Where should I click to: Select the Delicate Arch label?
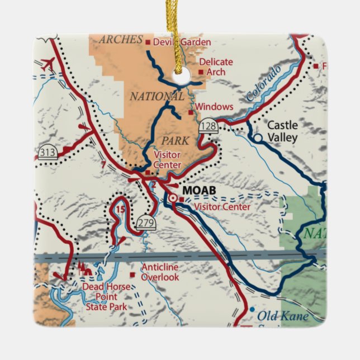coord(216,67)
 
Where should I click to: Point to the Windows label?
coord(215,107)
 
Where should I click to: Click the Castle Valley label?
coord(282,131)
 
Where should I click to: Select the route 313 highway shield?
coord(48,151)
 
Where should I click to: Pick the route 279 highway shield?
coord(146,222)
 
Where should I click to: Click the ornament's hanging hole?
coord(181,78)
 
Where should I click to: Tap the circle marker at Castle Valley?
coord(258,138)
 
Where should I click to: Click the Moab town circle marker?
coord(173,198)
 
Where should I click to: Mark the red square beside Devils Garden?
coord(148,42)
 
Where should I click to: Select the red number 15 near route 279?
coord(121,210)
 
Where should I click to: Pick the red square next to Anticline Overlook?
coord(132,274)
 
